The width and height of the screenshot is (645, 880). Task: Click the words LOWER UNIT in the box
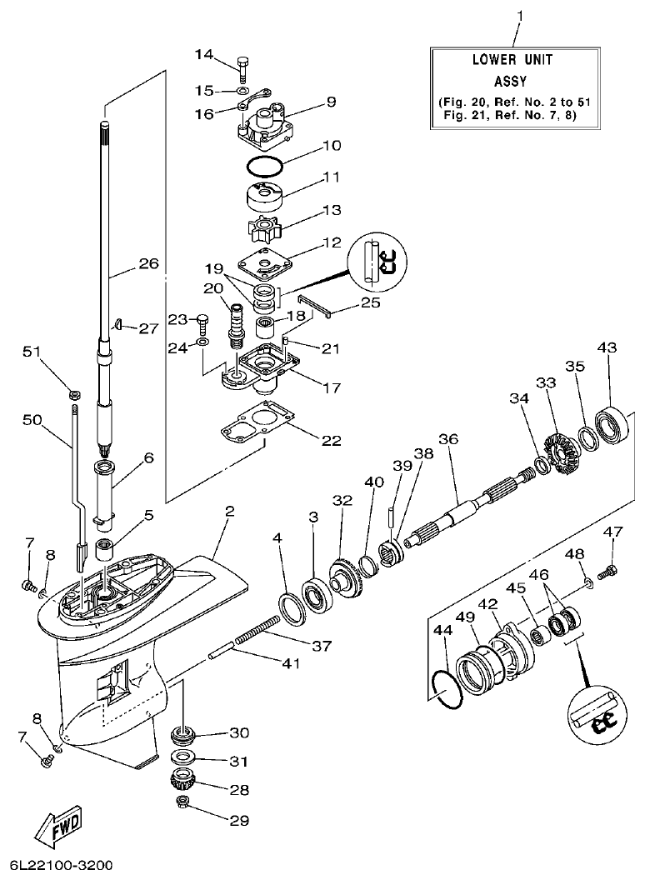point(512,61)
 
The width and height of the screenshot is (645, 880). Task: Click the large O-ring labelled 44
point(447,691)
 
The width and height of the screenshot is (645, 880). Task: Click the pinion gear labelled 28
point(182,781)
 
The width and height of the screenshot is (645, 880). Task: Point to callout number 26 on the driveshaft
point(147,264)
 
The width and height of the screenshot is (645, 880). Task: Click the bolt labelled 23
point(201,321)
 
